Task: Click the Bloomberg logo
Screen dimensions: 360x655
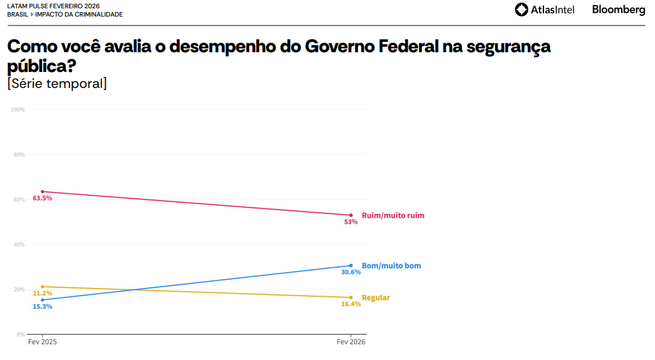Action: coord(618,10)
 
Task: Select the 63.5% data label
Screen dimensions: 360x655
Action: coord(43,198)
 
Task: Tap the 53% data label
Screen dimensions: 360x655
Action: coord(351,222)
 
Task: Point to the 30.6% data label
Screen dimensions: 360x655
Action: coord(351,272)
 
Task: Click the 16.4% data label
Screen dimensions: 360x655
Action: coord(351,304)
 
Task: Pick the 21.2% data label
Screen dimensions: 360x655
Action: coord(43,293)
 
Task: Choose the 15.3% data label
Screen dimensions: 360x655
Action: coord(43,306)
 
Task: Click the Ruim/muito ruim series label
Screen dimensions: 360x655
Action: coord(392,215)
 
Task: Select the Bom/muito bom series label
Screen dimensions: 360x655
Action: coord(391,266)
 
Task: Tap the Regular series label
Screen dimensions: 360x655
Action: coord(376,298)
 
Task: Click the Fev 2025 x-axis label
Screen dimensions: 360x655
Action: coord(43,342)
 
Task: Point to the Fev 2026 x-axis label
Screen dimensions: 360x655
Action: coord(351,342)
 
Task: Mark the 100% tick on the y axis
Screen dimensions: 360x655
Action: coord(18,110)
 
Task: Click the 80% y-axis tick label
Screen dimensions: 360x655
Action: coord(19,155)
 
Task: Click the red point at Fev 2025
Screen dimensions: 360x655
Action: coord(43,192)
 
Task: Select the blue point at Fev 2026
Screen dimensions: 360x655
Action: coord(351,266)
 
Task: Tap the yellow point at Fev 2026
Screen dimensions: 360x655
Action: coord(351,298)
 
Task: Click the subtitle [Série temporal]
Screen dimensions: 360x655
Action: coord(57,83)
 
